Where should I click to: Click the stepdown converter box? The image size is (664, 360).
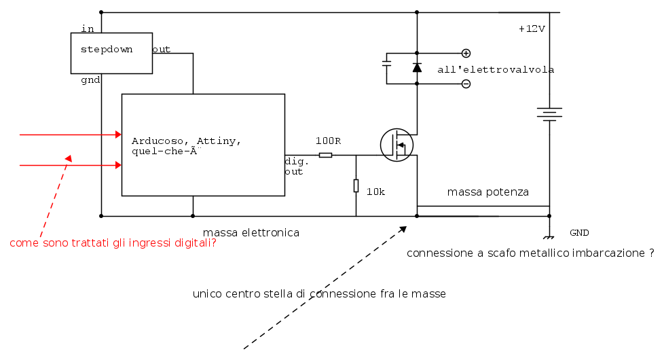[x=111, y=54]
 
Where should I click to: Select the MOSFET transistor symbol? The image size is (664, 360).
[x=396, y=145]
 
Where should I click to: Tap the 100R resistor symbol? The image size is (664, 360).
[x=325, y=156]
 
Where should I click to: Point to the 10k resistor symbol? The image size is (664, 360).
[x=356, y=185]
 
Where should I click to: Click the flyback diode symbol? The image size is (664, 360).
[x=417, y=68]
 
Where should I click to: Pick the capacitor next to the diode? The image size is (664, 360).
[x=386, y=64]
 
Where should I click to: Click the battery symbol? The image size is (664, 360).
[x=549, y=114]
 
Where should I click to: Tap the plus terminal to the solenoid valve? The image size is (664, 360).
[x=466, y=54]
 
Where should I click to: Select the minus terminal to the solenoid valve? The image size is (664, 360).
[x=466, y=84]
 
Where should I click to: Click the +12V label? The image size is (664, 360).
[x=532, y=29]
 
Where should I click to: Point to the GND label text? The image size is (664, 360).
[x=579, y=232]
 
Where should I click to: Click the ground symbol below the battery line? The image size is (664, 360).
[x=549, y=237]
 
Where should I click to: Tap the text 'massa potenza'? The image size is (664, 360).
[x=488, y=192]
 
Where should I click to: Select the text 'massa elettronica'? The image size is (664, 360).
[x=251, y=232]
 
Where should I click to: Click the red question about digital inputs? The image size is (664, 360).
[x=113, y=242]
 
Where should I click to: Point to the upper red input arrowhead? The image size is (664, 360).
[x=119, y=134]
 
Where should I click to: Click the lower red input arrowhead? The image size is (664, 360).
[x=119, y=165]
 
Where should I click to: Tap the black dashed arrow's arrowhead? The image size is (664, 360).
[x=403, y=229]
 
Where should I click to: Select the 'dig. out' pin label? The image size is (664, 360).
[x=297, y=166]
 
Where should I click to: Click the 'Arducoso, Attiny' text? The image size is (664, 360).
[x=186, y=141]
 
